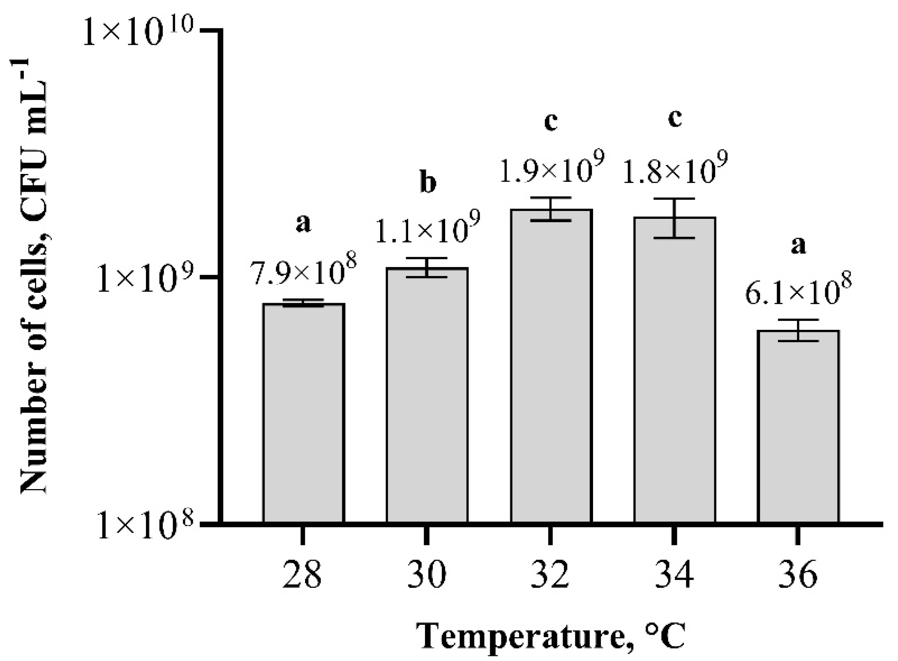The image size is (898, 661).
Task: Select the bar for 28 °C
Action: (x=303, y=413)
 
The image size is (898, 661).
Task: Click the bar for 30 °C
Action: (x=427, y=395)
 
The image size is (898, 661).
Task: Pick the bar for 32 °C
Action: (x=551, y=366)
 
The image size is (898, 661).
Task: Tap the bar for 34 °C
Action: (x=674, y=370)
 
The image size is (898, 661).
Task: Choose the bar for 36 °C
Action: (x=798, y=427)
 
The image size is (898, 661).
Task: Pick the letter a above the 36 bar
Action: (x=799, y=246)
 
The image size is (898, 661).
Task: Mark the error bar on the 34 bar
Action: (x=674, y=218)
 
